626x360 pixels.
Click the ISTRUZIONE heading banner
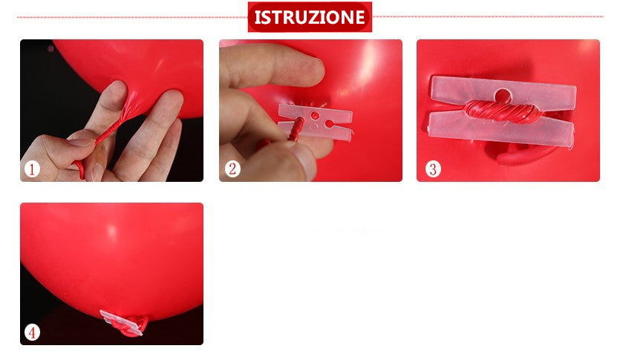[x=310, y=17]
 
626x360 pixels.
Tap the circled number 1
[x=31, y=169]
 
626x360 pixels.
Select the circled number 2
[x=232, y=169]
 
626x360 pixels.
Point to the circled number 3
[x=432, y=169]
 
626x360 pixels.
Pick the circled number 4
[x=31, y=332]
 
